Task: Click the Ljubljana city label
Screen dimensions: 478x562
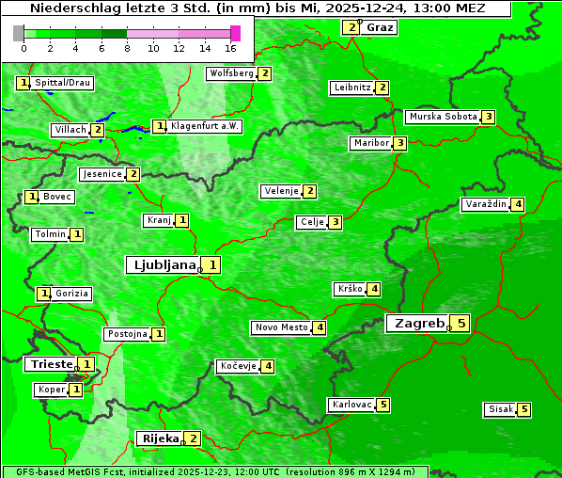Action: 162,265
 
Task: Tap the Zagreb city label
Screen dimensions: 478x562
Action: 418,324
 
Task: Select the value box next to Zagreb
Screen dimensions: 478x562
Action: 461,324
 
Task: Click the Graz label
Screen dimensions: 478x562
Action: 380,26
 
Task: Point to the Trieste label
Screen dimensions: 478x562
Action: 51,364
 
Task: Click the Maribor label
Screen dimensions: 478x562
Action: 369,143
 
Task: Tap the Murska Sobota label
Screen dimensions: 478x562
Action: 442,117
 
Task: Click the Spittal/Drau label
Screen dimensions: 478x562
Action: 62,83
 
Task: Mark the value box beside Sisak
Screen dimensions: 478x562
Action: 524,409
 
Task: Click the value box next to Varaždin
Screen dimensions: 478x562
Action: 518,204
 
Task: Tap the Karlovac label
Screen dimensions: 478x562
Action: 352,405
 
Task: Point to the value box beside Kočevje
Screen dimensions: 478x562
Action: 269,366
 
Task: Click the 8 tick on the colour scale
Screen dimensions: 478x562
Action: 127,48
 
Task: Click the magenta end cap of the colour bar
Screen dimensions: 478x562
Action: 235,33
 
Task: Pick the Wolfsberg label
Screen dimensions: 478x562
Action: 231,73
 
